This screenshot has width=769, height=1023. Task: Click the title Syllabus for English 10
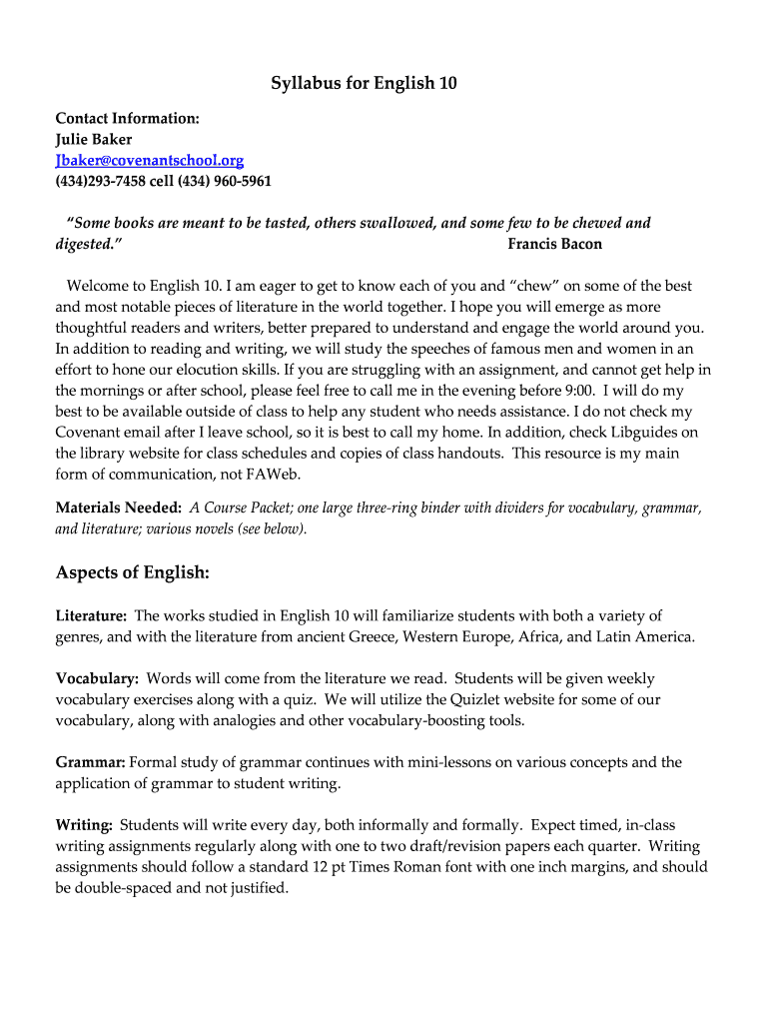point(364,83)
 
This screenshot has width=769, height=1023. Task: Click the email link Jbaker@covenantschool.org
point(149,160)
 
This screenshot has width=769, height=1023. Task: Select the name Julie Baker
point(93,139)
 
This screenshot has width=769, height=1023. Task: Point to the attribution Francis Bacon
point(554,244)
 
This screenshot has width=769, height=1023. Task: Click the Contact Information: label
point(127,118)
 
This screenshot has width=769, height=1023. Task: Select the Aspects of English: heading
point(132,572)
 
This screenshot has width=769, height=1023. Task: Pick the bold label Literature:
point(91,615)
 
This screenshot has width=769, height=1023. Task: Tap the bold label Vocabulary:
point(97,678)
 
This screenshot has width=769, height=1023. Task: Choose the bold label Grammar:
point(90,762)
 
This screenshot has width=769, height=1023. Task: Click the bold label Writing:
point(84,825)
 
